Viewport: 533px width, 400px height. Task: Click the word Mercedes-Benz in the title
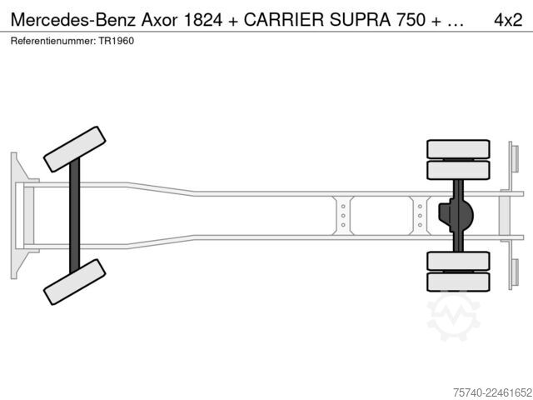coord(74,20)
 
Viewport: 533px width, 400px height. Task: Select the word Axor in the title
coord(159,20)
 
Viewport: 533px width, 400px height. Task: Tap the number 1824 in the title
coord(203,20)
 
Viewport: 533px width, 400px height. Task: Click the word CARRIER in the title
coord(283,20)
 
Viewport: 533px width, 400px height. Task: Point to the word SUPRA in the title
coord(360,20)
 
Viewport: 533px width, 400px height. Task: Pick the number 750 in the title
coord(411,20)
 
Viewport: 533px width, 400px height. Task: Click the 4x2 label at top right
coord(508,20)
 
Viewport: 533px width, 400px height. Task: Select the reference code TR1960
coord(117,41)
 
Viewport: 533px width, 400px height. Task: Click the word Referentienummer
coord(52,41)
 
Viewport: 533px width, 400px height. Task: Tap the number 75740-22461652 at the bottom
coord(492,392)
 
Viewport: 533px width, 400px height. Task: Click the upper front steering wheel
coord(74,149)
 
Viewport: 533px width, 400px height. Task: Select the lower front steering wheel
coord(74,282)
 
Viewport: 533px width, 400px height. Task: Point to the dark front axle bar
coord(74,216)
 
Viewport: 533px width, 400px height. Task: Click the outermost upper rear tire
coord(458,149)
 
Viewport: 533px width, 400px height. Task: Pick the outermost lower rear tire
coord(458,282)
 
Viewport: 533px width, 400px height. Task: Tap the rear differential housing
coord(456,215)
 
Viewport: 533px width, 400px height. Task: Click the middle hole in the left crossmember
coord(343,216)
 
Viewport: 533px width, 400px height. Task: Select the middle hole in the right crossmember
coord(420,216)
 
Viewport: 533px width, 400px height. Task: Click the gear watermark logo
coord(453,317)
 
